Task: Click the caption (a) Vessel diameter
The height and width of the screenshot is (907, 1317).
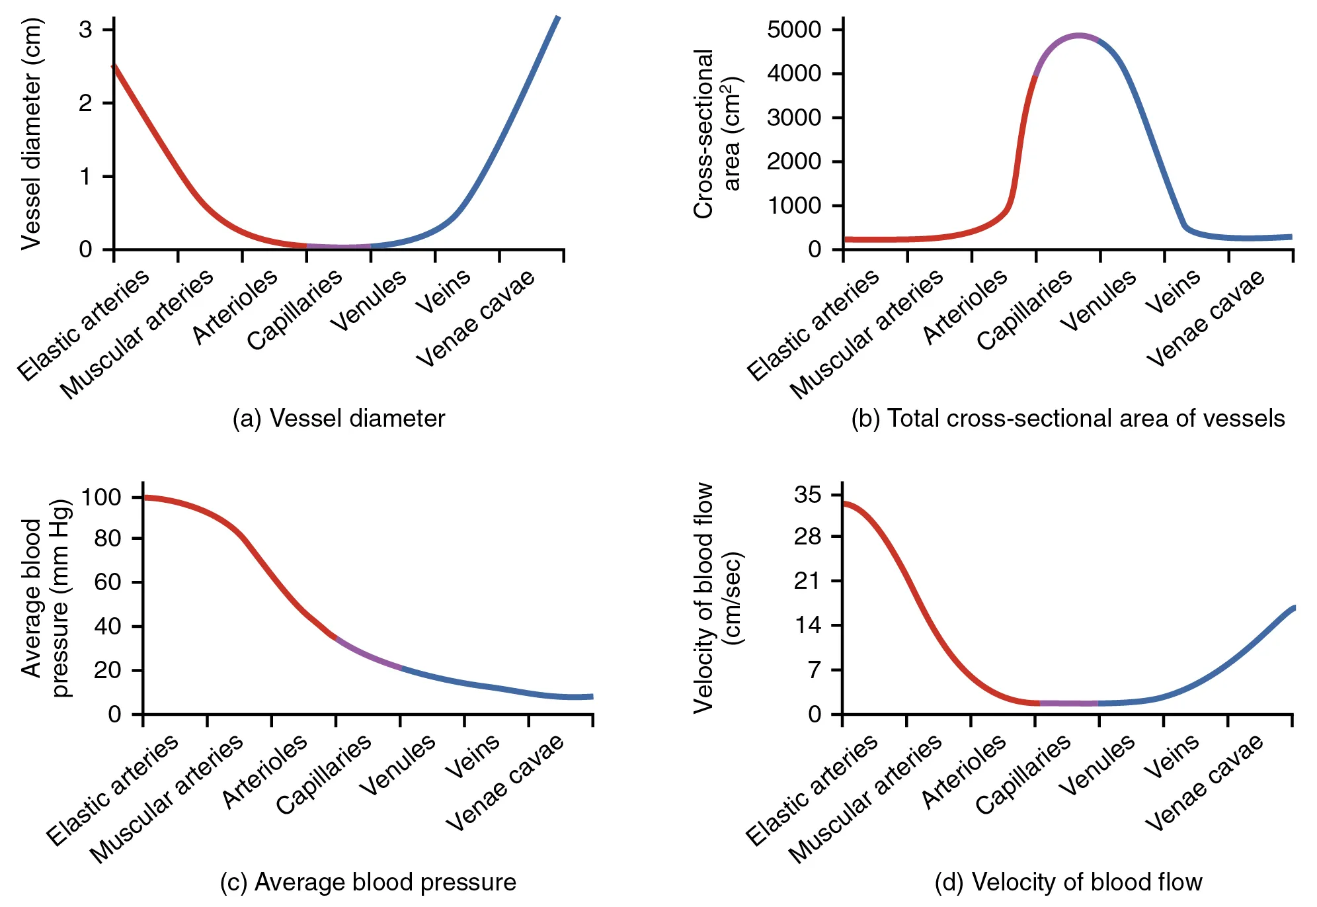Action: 339,419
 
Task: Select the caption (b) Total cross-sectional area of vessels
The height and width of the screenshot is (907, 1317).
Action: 1068,419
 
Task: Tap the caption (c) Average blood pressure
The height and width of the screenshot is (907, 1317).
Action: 368,883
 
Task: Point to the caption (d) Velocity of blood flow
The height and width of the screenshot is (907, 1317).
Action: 1068,883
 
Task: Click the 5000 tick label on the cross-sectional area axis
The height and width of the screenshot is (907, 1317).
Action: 794,30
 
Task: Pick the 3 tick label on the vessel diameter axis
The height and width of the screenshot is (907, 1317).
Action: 86,30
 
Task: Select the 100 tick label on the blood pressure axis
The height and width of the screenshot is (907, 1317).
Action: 100,497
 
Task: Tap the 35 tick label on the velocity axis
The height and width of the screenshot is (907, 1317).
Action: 808,495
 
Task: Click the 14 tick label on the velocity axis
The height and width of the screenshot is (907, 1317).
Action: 808,625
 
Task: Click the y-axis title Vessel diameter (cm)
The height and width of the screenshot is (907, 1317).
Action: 32,134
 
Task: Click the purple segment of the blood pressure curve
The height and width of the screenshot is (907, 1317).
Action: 368,654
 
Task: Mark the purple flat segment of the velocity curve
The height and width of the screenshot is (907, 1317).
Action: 1068,703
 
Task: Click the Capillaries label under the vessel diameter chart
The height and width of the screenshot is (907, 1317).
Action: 295,310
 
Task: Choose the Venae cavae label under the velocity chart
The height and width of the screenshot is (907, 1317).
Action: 1205,782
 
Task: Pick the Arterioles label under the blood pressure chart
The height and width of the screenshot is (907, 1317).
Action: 264,771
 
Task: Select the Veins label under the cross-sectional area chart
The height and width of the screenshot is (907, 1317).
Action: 1174,291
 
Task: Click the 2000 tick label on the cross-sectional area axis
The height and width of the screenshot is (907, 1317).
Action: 794,161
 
